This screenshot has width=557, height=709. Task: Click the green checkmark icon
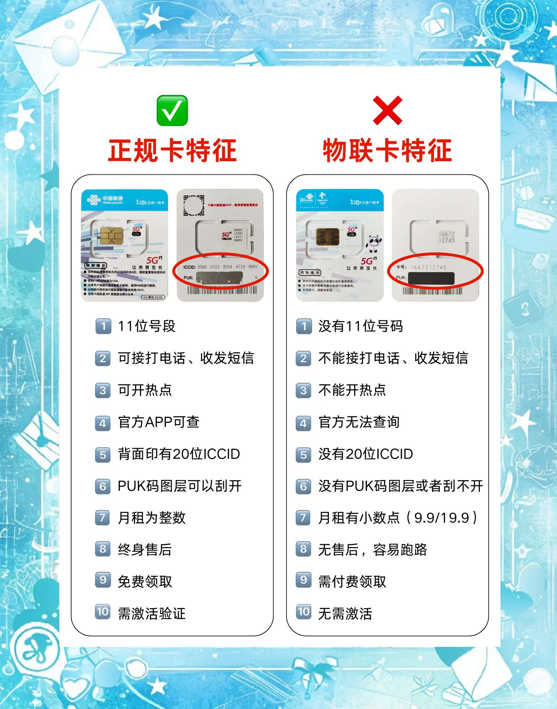tap(172, 110)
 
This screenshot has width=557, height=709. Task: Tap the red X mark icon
tap(387, 110)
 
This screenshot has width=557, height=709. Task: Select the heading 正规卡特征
tap(172, 151)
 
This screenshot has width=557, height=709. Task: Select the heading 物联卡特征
tap(387, 151)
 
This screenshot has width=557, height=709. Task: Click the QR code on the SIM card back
tap(194, 205)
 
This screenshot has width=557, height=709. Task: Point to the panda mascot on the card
tap(374, 243)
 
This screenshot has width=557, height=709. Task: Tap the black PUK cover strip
tap(431, 278)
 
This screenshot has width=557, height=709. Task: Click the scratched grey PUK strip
tap(219, 278)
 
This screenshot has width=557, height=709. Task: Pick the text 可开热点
tap(145, 390)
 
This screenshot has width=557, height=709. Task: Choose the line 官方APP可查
tap(158, 422)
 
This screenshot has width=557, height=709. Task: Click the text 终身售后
tap(145, 550)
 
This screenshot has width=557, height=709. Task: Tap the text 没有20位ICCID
tap(366, 454)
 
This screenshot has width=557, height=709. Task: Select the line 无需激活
tap(345, 613)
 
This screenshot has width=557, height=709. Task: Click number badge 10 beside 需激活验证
tap(103, 612)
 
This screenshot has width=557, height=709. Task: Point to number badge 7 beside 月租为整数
tap(103, 518)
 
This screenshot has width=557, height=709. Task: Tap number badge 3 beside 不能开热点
tap(303, 391)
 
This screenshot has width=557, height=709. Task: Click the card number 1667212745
tap(428, 267)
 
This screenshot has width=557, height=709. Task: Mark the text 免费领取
tap(145, 582)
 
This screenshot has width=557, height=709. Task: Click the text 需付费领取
tap(352, 582)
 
